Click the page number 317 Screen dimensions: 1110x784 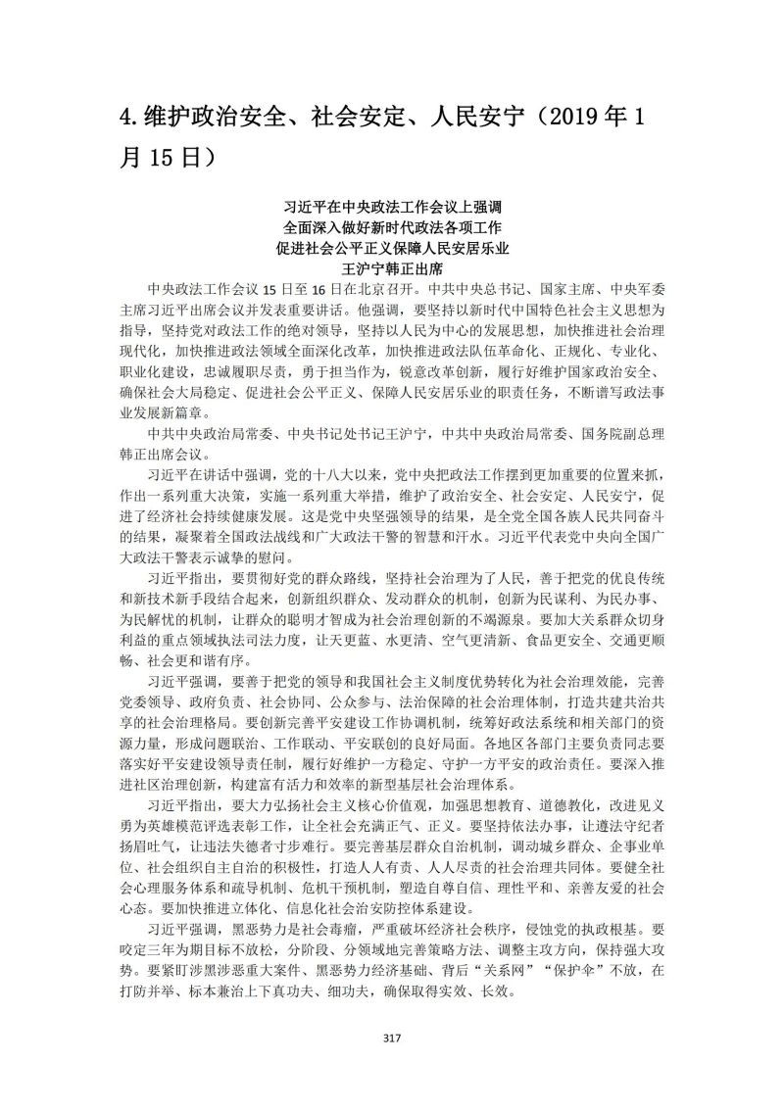tap(392, 1038)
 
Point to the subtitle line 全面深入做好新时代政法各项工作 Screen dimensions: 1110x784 tap(392, 226)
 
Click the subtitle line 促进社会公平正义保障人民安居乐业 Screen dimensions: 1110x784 tap(392, 247)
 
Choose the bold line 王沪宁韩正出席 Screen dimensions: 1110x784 tap(392, 267)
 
